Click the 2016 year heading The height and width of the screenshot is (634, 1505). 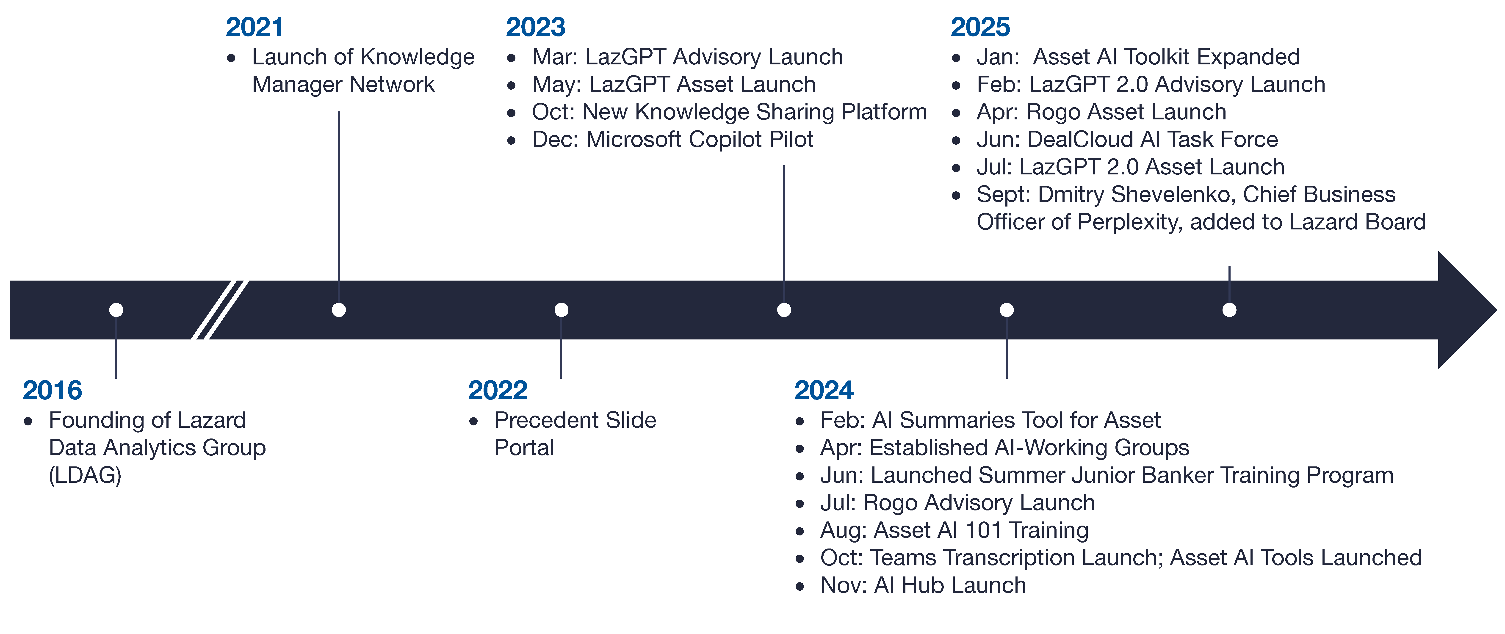point(53,390)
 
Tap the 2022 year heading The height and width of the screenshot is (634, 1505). point(498,390)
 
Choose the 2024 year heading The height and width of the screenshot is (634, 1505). point(824,390)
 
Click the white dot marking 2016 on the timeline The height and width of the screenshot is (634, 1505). point(116,310)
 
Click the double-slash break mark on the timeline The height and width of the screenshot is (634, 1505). point(220,310)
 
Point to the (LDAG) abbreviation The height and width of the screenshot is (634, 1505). point(85,475)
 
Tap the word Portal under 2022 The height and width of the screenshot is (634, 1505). point(524,448)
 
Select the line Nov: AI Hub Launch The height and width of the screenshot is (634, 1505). point(923,585)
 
